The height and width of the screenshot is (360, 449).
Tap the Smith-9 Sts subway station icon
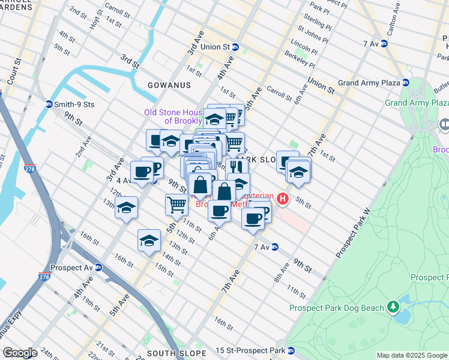(49, 104)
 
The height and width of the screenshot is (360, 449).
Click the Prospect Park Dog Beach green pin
(393, 307)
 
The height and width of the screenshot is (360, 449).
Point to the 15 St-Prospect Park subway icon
(291, 350)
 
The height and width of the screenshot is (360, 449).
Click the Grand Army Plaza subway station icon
(406, 82)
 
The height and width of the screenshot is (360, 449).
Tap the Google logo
(20, 353)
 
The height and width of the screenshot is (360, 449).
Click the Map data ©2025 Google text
(412, 355)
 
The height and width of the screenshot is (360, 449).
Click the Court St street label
(12, 70)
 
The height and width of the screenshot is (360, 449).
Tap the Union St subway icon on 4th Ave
(235, 47)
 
